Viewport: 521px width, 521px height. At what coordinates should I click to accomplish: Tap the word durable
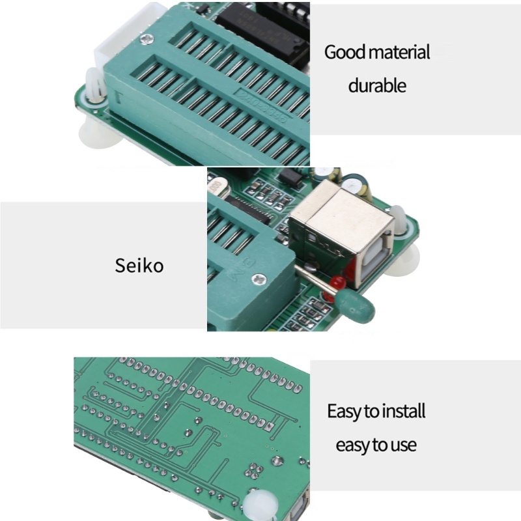click(377, 85)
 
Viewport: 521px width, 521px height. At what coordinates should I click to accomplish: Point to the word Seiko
click(139, 266)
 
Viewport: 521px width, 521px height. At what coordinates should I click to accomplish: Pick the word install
click(403, 412)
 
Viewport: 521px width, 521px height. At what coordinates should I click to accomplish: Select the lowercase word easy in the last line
click(352, 445)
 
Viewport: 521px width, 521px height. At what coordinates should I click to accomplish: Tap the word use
click(404, 445)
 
